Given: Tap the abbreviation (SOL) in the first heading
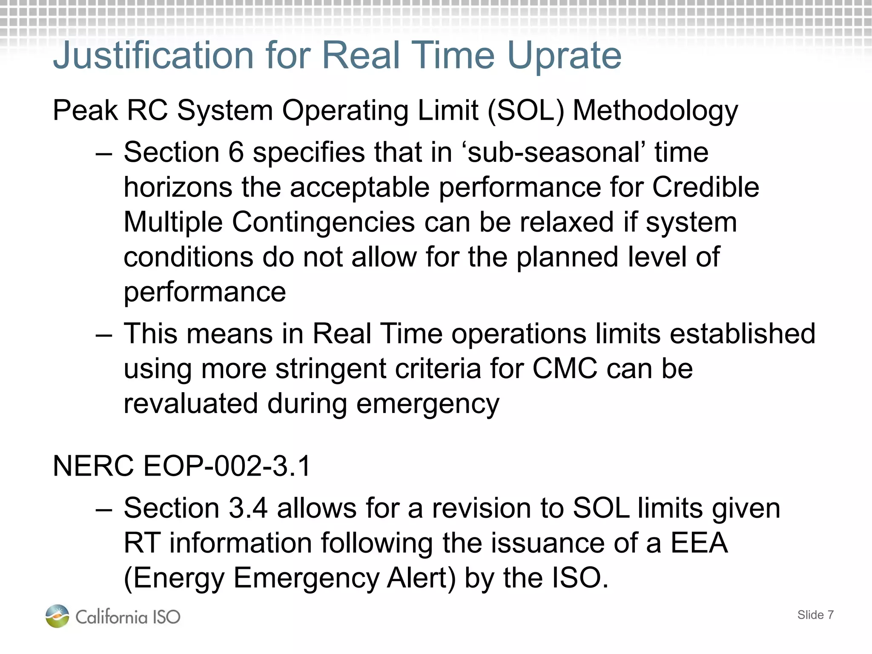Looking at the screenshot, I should click(525, 111).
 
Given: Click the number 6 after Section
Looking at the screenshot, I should click(236, 152).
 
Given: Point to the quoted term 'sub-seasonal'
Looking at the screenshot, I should click(554, 152).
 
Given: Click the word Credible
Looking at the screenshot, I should click(706, 187).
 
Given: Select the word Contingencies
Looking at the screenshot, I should click(323, 222).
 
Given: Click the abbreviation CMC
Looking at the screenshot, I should click(565, 368).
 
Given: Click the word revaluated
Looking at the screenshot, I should click(191, 403).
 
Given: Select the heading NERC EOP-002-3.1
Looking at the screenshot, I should click(182, 466).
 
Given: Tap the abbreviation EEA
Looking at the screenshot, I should click(699, 543).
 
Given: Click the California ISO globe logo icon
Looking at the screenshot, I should click(57, 616).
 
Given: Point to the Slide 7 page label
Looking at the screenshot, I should click(815, 615).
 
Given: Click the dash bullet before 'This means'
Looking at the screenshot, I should click(104, 335).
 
